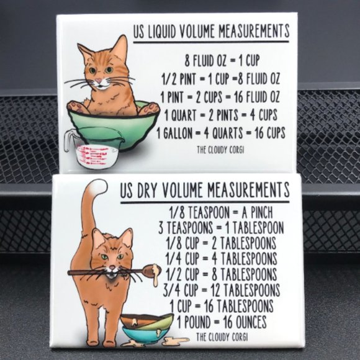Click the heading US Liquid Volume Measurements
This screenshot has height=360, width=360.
pos(211,31)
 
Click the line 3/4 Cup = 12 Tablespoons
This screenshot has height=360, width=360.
pos(222,290)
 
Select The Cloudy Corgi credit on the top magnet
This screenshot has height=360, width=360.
pos(221,149)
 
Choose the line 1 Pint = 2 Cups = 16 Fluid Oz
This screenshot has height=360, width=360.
pos(220,97)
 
